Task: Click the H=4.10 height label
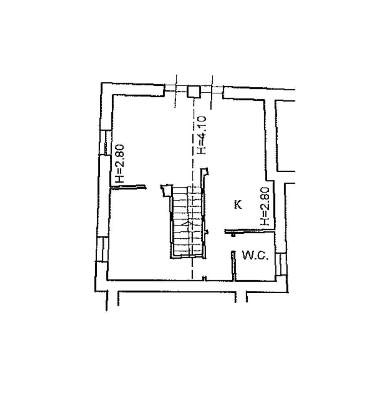click(x=202, y=135)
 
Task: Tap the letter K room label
click(x=238, y=204)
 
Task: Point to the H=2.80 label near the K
click(x=265, y=206)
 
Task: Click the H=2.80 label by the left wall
click(x=119, y=164)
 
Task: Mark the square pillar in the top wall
click(x=194, y=92)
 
